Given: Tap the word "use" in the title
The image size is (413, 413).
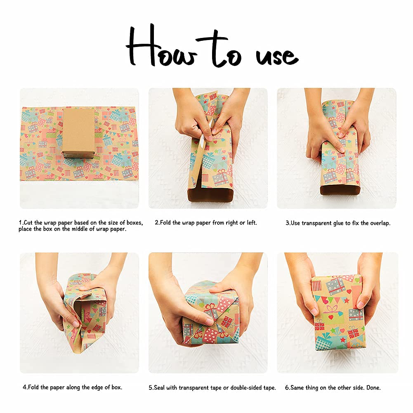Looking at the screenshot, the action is pos(277,56).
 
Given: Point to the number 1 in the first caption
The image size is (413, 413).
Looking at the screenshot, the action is pos(20,222).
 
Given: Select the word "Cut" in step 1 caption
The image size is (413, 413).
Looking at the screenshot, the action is pos(28,222).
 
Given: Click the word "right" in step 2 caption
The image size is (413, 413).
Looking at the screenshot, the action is pos(231,223).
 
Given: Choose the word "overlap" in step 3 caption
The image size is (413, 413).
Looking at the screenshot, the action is pos(380,223).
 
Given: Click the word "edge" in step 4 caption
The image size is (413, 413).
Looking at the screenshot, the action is pos(97,387).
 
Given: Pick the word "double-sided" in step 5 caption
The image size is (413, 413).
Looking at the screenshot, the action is pos(246,388).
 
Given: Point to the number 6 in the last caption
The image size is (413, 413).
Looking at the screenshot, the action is pos(287,388).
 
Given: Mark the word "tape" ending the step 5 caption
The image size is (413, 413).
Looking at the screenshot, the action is pos(269,388).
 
